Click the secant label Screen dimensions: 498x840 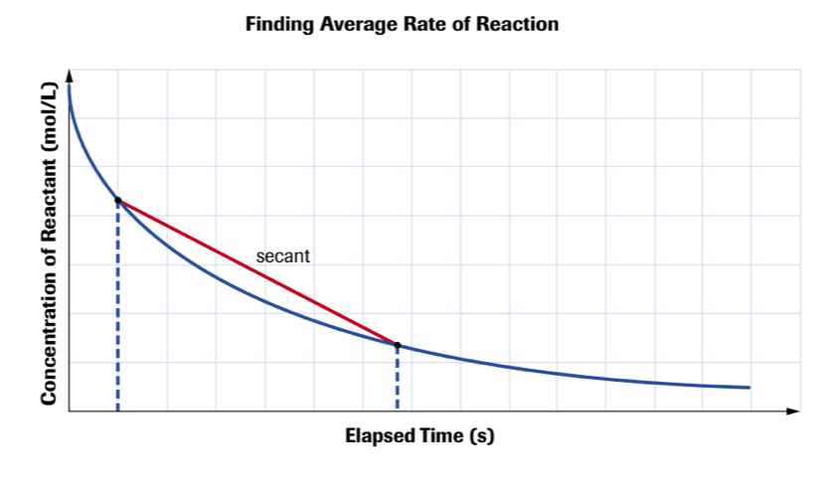pos(283,255)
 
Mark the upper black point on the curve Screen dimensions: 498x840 pos(118,201)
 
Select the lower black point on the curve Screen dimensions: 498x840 pos(398,345)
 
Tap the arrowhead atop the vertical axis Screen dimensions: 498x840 pos(70,74)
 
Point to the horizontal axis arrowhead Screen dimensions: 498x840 pos(792,410)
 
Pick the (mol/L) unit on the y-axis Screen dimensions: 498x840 pos(47,116)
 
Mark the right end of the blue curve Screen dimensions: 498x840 pos(749,388)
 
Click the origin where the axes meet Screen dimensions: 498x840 pos(70,410)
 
